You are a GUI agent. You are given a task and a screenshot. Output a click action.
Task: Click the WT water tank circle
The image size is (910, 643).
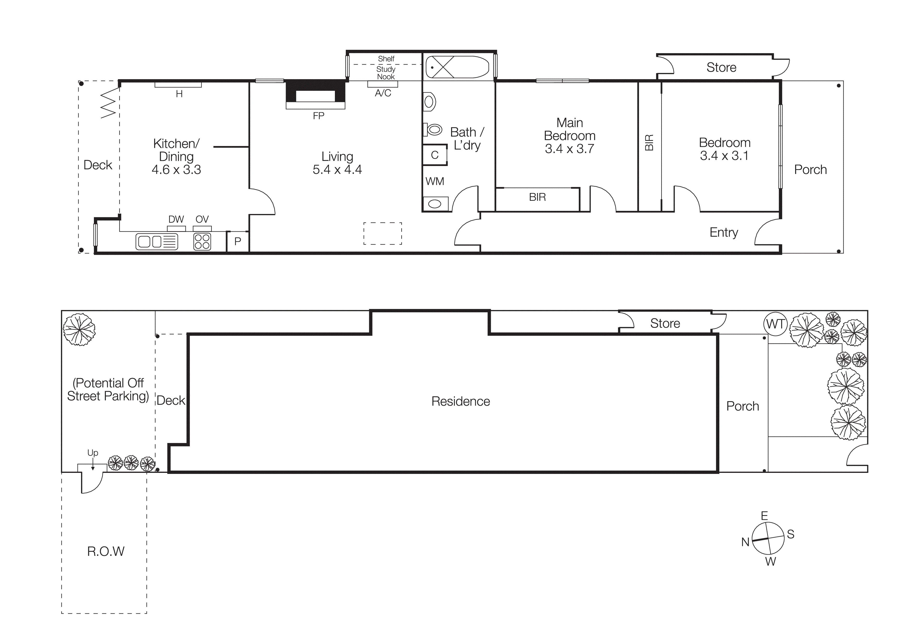775,324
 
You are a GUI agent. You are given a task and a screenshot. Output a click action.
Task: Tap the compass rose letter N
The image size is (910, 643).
745,542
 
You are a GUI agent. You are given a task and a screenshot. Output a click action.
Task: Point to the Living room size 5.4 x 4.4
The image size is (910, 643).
337,170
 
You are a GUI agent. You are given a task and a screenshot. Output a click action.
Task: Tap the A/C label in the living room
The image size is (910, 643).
383,93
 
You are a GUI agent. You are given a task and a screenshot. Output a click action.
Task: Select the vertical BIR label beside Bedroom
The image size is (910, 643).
649,143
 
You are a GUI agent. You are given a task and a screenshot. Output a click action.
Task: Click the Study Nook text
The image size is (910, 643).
386,73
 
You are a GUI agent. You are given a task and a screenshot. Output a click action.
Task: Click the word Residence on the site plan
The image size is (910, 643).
460,401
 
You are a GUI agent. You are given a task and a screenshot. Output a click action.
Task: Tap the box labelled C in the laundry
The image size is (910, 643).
435,155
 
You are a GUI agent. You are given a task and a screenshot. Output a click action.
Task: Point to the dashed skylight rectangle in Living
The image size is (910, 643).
382,233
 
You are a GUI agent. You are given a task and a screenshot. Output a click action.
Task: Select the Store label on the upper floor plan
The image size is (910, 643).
721,67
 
